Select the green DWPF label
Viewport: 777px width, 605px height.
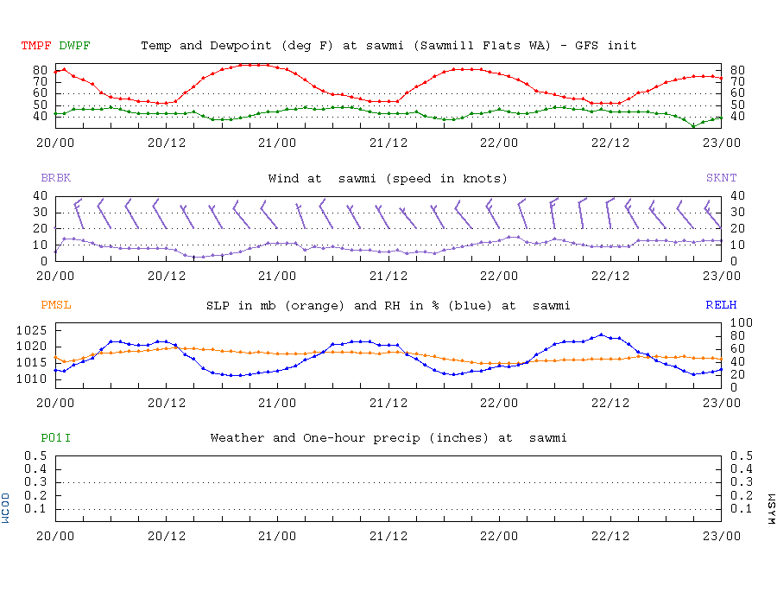(75, 45)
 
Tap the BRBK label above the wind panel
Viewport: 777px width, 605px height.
(56, 178)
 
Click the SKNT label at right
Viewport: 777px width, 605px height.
(721, 178)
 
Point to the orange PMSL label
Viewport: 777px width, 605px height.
(56, 305)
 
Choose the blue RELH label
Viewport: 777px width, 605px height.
(721, 305)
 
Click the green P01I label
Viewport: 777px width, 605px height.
(56, 438)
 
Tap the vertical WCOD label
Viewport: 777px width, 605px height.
(6, 508)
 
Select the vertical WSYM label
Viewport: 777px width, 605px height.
(771, 508)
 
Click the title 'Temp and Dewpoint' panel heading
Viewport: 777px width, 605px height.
(388, 45)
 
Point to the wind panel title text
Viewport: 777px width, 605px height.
(388, 178)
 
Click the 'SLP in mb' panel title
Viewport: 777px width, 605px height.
(388, 305)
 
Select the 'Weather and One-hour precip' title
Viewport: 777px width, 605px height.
(388, 438)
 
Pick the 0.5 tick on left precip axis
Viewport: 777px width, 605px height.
(35, 455)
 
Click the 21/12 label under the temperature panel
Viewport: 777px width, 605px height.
(388, 143)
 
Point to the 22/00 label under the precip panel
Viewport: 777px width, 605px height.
(499, 535)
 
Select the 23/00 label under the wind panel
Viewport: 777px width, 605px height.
(721, 276)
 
